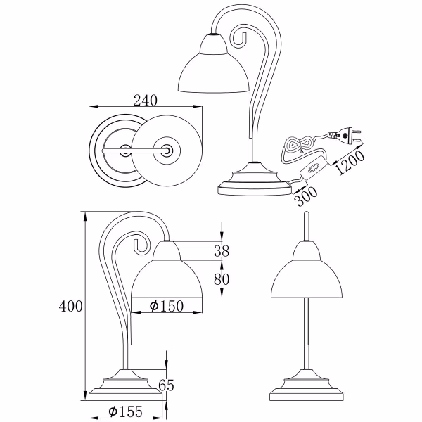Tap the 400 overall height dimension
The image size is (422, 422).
[x=71, y=307]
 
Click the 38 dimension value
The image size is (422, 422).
[x=222, y=250]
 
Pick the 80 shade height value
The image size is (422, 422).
[x=222, y=280]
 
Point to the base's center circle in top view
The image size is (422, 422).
[x=124, y=149]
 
